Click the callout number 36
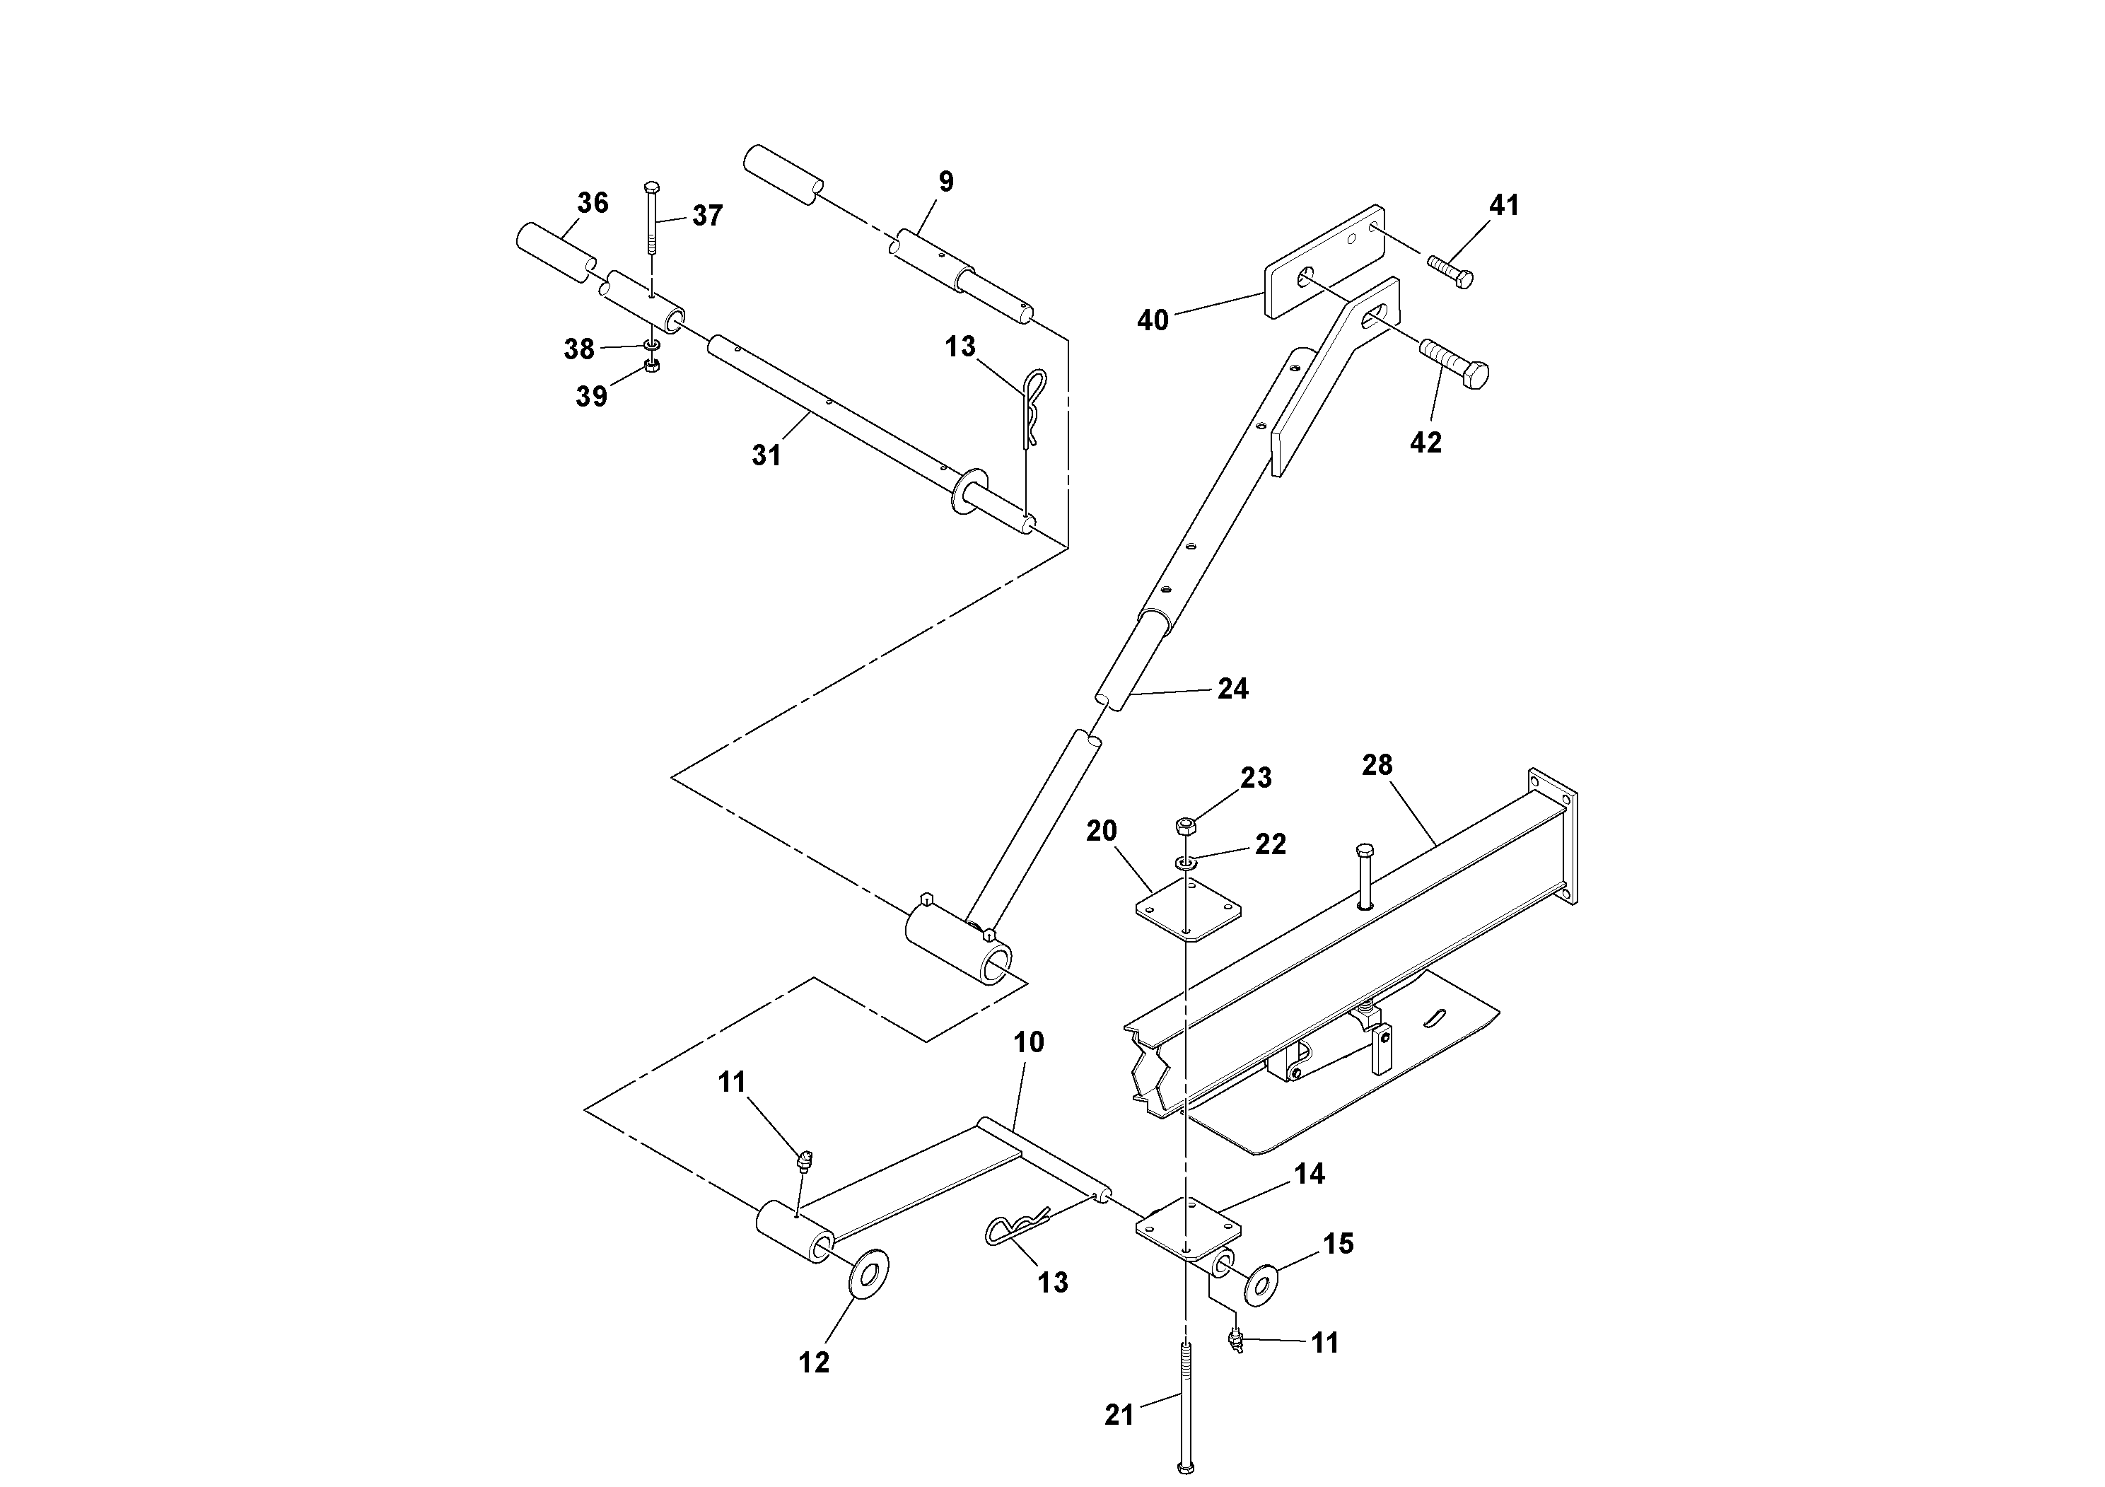593,203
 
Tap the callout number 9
946,182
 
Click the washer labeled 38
652,345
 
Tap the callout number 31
766,455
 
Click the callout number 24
1232,689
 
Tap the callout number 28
1377,764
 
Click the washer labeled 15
1262,1284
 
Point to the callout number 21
1119,1416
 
